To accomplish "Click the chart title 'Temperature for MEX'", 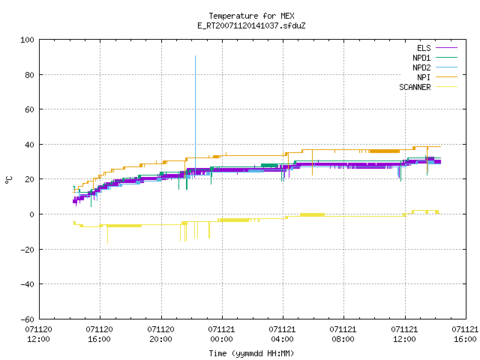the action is pyautogui.click(x=251, y=16).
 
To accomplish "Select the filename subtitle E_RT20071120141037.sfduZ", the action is pyautogui.click(x=251, y=25).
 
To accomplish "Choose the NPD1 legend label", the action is pyautogui.click(x=421, y=58).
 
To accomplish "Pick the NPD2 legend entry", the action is pyautogui.click(x=421, y=67).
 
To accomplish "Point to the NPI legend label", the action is pyautogui.click(x=424, y=77).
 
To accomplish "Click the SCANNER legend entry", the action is pyautogui.click(x=415, y=87).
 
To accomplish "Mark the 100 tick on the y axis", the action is pyautogui.click(x=27, y=40).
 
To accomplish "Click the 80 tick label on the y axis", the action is pyautogui.click(x=29, y=75).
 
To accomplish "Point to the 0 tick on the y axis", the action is pyautogui.click(x=31, y=214).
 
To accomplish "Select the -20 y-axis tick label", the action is pyautogui.click(x=27, y=250).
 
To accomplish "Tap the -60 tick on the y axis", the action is pyautogui.click(x=27, y=319).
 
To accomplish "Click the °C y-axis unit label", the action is pyautogui.click(x=8, y=180).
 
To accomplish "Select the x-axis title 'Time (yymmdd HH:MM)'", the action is pyautogui.click(x=251, y=353).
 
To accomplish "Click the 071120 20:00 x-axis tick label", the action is pyautogui.click(x=160, y=334).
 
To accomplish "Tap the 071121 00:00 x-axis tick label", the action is pyautogui.click(x=221, y=334).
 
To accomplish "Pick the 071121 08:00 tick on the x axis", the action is pyautogui.click(x=343, y=334).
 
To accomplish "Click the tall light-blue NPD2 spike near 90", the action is pyautogui.click(x=195, y=116).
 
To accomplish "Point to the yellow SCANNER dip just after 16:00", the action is pyautogui.click(x=107, y=235).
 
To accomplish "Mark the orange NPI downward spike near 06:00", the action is pyautogui.click(x=312, y=163).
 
